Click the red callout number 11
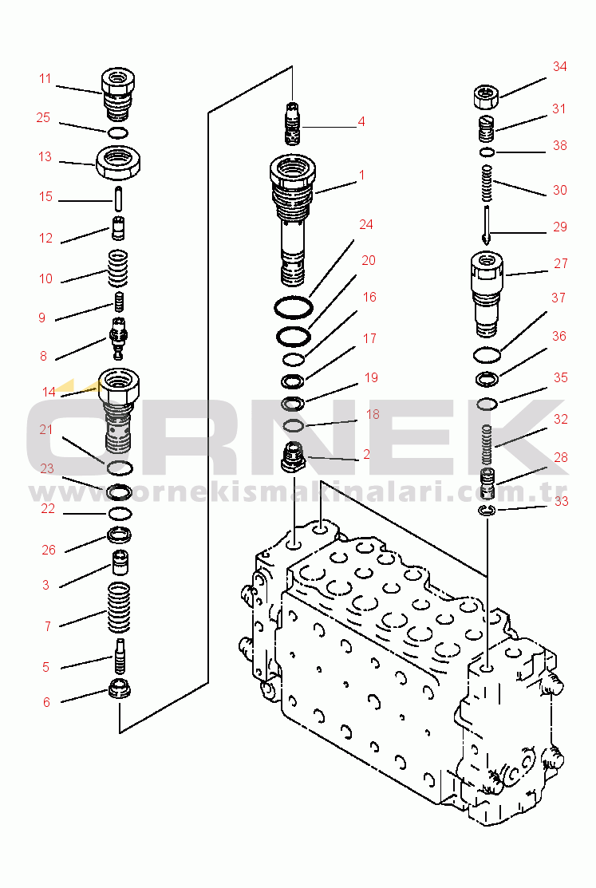tap(45, 79)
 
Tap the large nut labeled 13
tap(118, 162)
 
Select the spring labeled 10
tap(118, 268)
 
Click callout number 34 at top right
tap(560, 66)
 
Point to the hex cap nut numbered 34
tap(486, 97)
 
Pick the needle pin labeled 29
tap(487, 223)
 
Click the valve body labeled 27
tap(487, 294)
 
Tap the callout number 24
tap(366, 224)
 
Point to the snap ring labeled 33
tap(487, 511)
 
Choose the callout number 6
tap(46, 702)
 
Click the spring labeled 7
tap(119, 607)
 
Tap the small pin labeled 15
tap(118, 198)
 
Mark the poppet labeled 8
tap(118, 337)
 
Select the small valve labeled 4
tap(292, 124)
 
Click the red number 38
tap(560, 145)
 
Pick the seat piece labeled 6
tap(120, 689)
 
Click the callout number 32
tap(560, 419)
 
